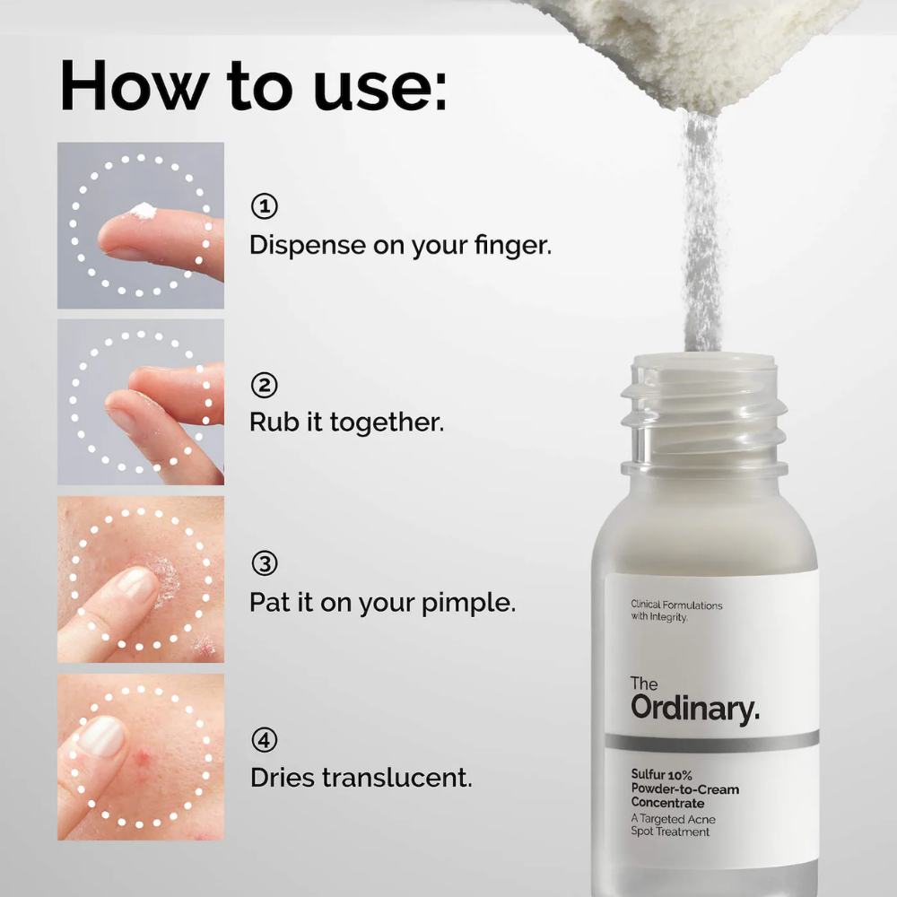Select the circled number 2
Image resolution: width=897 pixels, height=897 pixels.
point(264,386)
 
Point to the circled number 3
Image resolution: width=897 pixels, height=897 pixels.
point(264,564)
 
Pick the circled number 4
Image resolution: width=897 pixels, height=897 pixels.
point(264,741)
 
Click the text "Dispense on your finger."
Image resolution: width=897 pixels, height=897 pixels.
point(400,245)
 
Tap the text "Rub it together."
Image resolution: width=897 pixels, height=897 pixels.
point(346,422)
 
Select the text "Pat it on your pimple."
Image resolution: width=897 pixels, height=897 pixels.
point(382,601)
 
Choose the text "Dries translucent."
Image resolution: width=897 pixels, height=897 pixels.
point(361,778)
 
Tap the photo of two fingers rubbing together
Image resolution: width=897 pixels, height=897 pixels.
point(141,402)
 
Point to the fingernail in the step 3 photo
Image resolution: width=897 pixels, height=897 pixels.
point(136,584)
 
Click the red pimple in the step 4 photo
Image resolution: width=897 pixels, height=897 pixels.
point(143,759)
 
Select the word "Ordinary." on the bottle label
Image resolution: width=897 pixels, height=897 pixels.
point(694,708)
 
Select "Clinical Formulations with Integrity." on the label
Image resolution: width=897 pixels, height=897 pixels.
point(676,611)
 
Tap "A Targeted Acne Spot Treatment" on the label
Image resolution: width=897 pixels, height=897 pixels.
point(673,825)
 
